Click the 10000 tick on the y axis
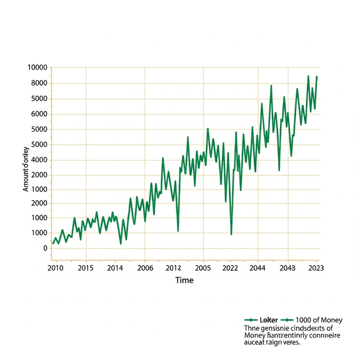point(37,67)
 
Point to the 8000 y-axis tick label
point(38,83)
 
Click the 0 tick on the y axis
point(45,248)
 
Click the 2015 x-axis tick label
point(85,268)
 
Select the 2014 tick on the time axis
point(115,268)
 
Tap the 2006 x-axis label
point(144,268)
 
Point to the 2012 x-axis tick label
point(173,268)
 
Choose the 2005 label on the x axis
point(203,268)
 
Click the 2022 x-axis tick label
point(230,268)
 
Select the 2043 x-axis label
point(288,268)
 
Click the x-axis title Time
point(184,280)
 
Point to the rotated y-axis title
point(26,169)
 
